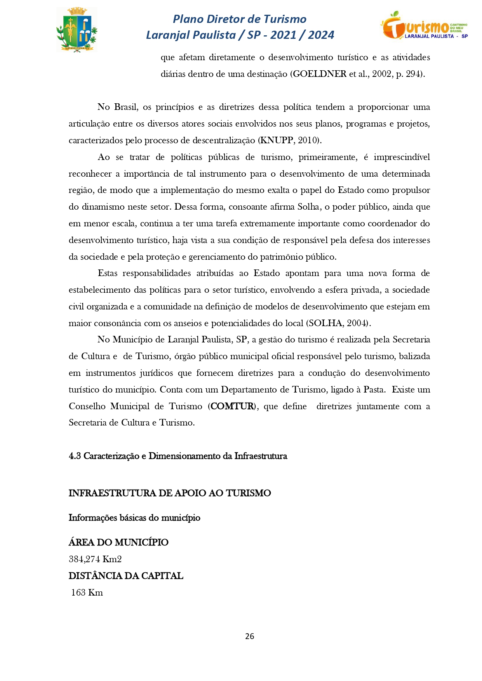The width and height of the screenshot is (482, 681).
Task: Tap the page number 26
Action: coord(250,636)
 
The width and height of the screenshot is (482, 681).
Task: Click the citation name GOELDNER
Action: coord(319,74)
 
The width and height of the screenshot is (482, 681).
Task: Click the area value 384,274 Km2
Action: coord(95,559)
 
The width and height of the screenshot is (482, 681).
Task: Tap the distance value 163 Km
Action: coord(87,592)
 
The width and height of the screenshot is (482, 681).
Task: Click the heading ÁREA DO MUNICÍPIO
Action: coord(118,542)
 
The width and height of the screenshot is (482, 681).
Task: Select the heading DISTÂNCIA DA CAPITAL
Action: coord(126,576)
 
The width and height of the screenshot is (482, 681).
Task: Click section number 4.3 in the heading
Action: coord(75,456)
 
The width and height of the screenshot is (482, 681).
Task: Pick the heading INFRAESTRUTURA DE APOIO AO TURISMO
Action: coord(170,493)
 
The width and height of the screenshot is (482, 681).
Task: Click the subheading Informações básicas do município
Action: coord(134,518)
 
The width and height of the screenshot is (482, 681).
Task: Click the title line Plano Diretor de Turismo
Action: coord(240,19)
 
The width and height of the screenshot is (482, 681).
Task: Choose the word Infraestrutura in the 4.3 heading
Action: coord(261,456)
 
